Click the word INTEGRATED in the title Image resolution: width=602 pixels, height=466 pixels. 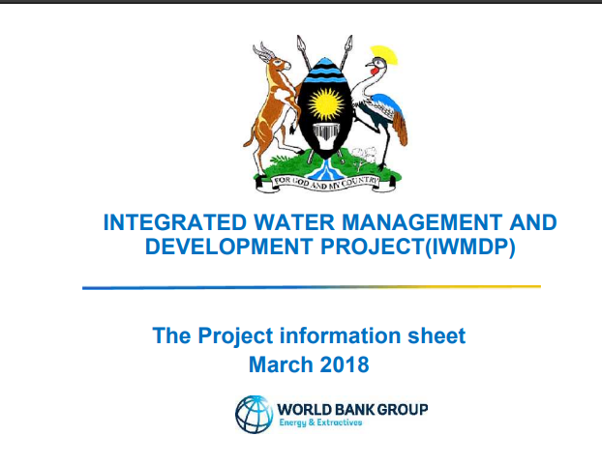175,222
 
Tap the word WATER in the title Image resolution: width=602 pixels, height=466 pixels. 294,222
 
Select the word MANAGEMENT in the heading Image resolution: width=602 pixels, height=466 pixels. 422,222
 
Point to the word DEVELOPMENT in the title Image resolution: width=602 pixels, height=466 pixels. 228,246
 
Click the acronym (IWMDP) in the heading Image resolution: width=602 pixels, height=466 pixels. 469,247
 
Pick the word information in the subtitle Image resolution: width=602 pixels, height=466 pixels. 340,335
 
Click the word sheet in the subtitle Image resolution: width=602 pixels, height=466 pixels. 436,335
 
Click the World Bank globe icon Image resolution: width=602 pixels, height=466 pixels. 255,415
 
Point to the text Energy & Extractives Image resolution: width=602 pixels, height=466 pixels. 320,422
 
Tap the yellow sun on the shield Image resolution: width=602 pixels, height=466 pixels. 326,104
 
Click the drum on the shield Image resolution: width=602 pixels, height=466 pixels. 325,136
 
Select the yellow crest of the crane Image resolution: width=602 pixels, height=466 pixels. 384,55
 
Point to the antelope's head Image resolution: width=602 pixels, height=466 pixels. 277,61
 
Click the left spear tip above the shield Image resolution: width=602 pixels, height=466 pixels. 301,43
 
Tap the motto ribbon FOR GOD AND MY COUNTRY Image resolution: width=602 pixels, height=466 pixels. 325,183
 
